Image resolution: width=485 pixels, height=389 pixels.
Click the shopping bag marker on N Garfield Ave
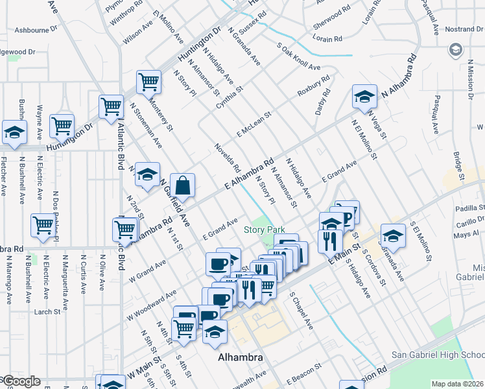(x=183, y=185)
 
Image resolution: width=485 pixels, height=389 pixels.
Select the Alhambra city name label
(x=240, y=357)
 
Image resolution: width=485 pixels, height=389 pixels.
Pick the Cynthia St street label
(x=230, y=98)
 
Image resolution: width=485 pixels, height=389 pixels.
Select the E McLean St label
(x=253, y=124)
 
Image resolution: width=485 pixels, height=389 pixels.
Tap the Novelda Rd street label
(x=228, y=158)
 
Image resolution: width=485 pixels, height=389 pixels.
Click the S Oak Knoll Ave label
(x=298, y=57)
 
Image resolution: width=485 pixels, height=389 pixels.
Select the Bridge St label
(x=458, y=167)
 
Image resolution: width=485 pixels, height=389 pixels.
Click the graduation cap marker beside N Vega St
(x=364, y=97)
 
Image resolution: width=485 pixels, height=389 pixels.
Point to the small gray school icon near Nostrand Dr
(x=456, y=51)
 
